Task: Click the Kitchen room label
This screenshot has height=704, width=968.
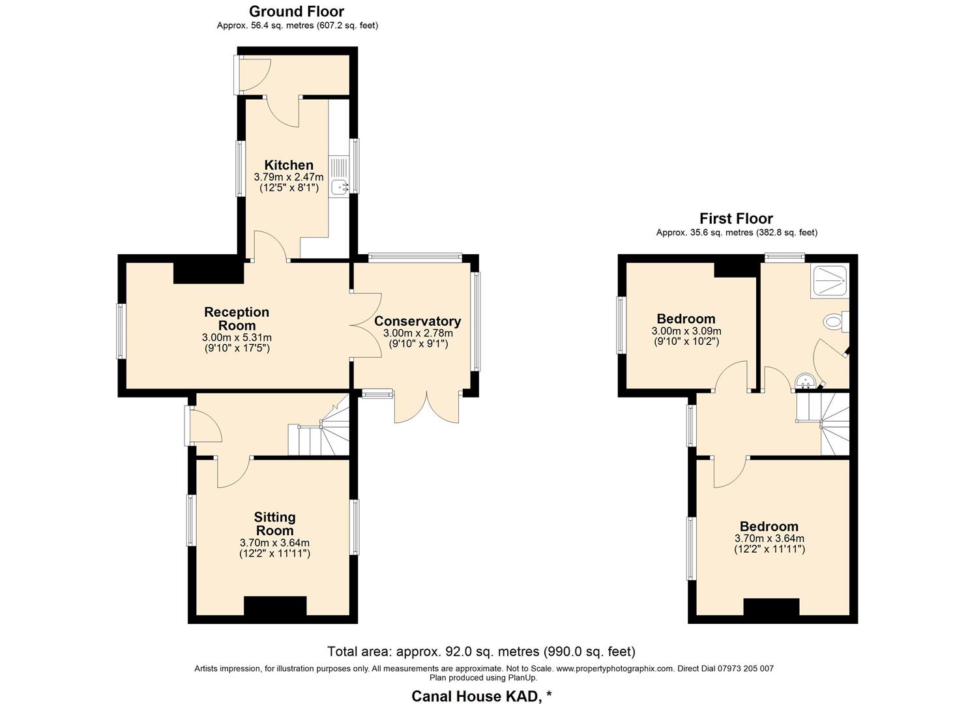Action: (x=289, y=165)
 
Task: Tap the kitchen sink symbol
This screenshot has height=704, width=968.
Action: (x=340, y=188)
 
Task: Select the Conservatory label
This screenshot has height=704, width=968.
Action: (x=417, y=321)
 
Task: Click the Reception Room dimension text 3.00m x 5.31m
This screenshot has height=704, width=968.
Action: (x=237, y=338)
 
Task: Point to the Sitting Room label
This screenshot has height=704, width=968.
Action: (x=275, y=524)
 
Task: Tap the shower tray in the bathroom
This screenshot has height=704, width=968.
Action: (x=829, y=282)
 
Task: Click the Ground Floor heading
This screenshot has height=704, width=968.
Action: (x=297, y=11)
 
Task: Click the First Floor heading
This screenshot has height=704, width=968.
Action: (x=737, y=218)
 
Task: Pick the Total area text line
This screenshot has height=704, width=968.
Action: (x=481, y=651)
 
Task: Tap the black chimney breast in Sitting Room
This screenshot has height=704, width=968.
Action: (x=275, y=606)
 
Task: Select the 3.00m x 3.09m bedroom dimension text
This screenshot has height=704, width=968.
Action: (x=686, y=332)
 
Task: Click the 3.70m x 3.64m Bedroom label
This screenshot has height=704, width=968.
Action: (x=769, y=527)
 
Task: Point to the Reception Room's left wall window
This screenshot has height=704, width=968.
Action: (x=121, y=331)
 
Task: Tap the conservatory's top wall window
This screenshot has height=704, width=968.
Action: (x=415, y=258)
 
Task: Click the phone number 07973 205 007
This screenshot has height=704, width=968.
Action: (x=746, y=669)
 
